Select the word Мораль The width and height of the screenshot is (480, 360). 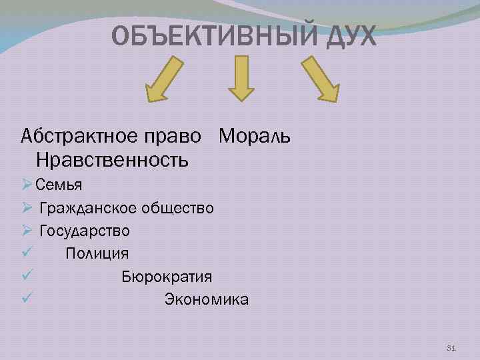[255, 137]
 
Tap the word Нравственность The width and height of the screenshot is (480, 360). [113, 161]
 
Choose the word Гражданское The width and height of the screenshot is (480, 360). [88, 208]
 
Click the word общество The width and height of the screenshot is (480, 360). [177, 208]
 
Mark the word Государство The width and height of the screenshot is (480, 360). [85, 231]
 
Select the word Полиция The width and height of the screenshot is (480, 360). [97, 253]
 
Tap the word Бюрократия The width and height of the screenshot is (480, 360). [167, 277]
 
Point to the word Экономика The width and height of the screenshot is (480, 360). [207, 299]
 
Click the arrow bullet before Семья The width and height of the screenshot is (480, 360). [27, 184]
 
